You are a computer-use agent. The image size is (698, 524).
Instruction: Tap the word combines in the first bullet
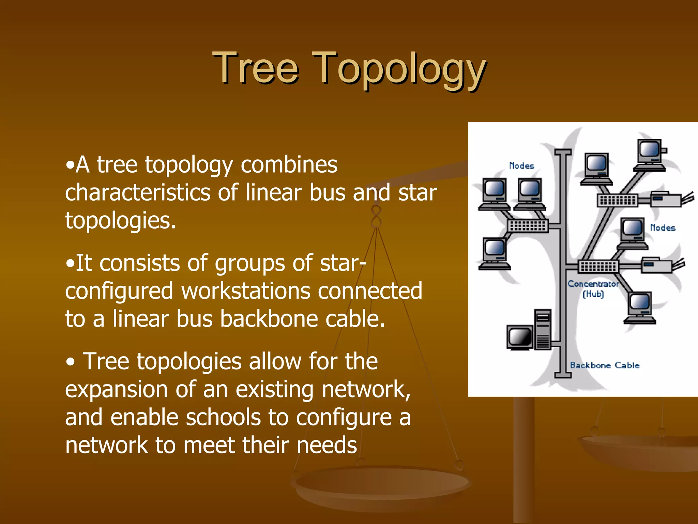pos(289,165)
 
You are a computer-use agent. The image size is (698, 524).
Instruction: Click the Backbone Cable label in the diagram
pos(604,365)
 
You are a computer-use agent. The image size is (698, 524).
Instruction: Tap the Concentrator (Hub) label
pos(593,289)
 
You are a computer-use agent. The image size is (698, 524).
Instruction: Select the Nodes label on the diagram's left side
pos(521,166)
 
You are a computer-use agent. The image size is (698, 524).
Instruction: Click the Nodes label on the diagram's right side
pos(662,228)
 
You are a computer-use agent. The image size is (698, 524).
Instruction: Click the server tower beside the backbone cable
pos(543,330)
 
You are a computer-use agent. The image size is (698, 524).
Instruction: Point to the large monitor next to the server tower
pos(519,338)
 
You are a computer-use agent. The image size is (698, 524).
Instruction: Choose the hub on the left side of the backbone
pos(528,225)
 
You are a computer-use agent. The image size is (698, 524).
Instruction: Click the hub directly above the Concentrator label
pos(598,266)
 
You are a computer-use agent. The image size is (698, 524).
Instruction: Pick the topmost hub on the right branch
pos(617,200)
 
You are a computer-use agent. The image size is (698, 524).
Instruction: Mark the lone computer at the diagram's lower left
pos(494,254)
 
